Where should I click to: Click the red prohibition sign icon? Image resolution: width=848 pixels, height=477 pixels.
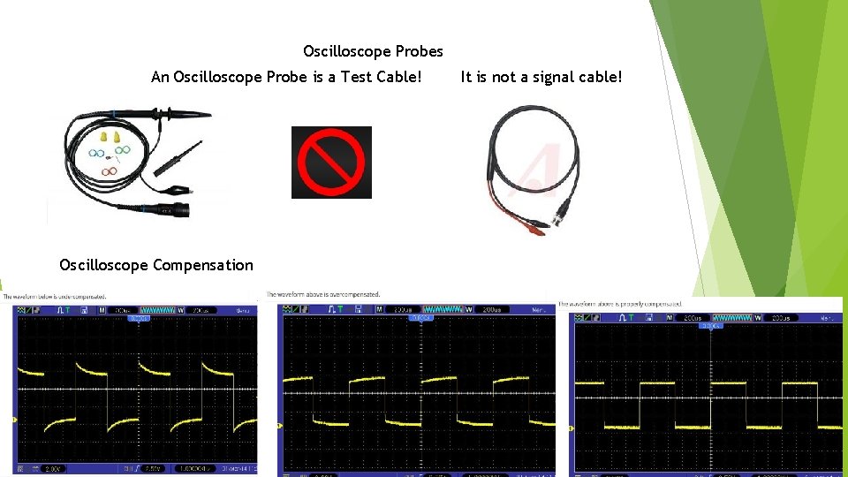pos(331,163)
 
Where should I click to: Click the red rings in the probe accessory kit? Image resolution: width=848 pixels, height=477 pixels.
pos(110,170)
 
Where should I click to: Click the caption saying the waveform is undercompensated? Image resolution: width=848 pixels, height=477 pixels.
pos(55,297)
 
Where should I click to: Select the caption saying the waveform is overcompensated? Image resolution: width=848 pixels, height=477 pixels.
pos(323,294)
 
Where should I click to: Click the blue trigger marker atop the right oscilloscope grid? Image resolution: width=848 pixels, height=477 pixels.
pos(711,326)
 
